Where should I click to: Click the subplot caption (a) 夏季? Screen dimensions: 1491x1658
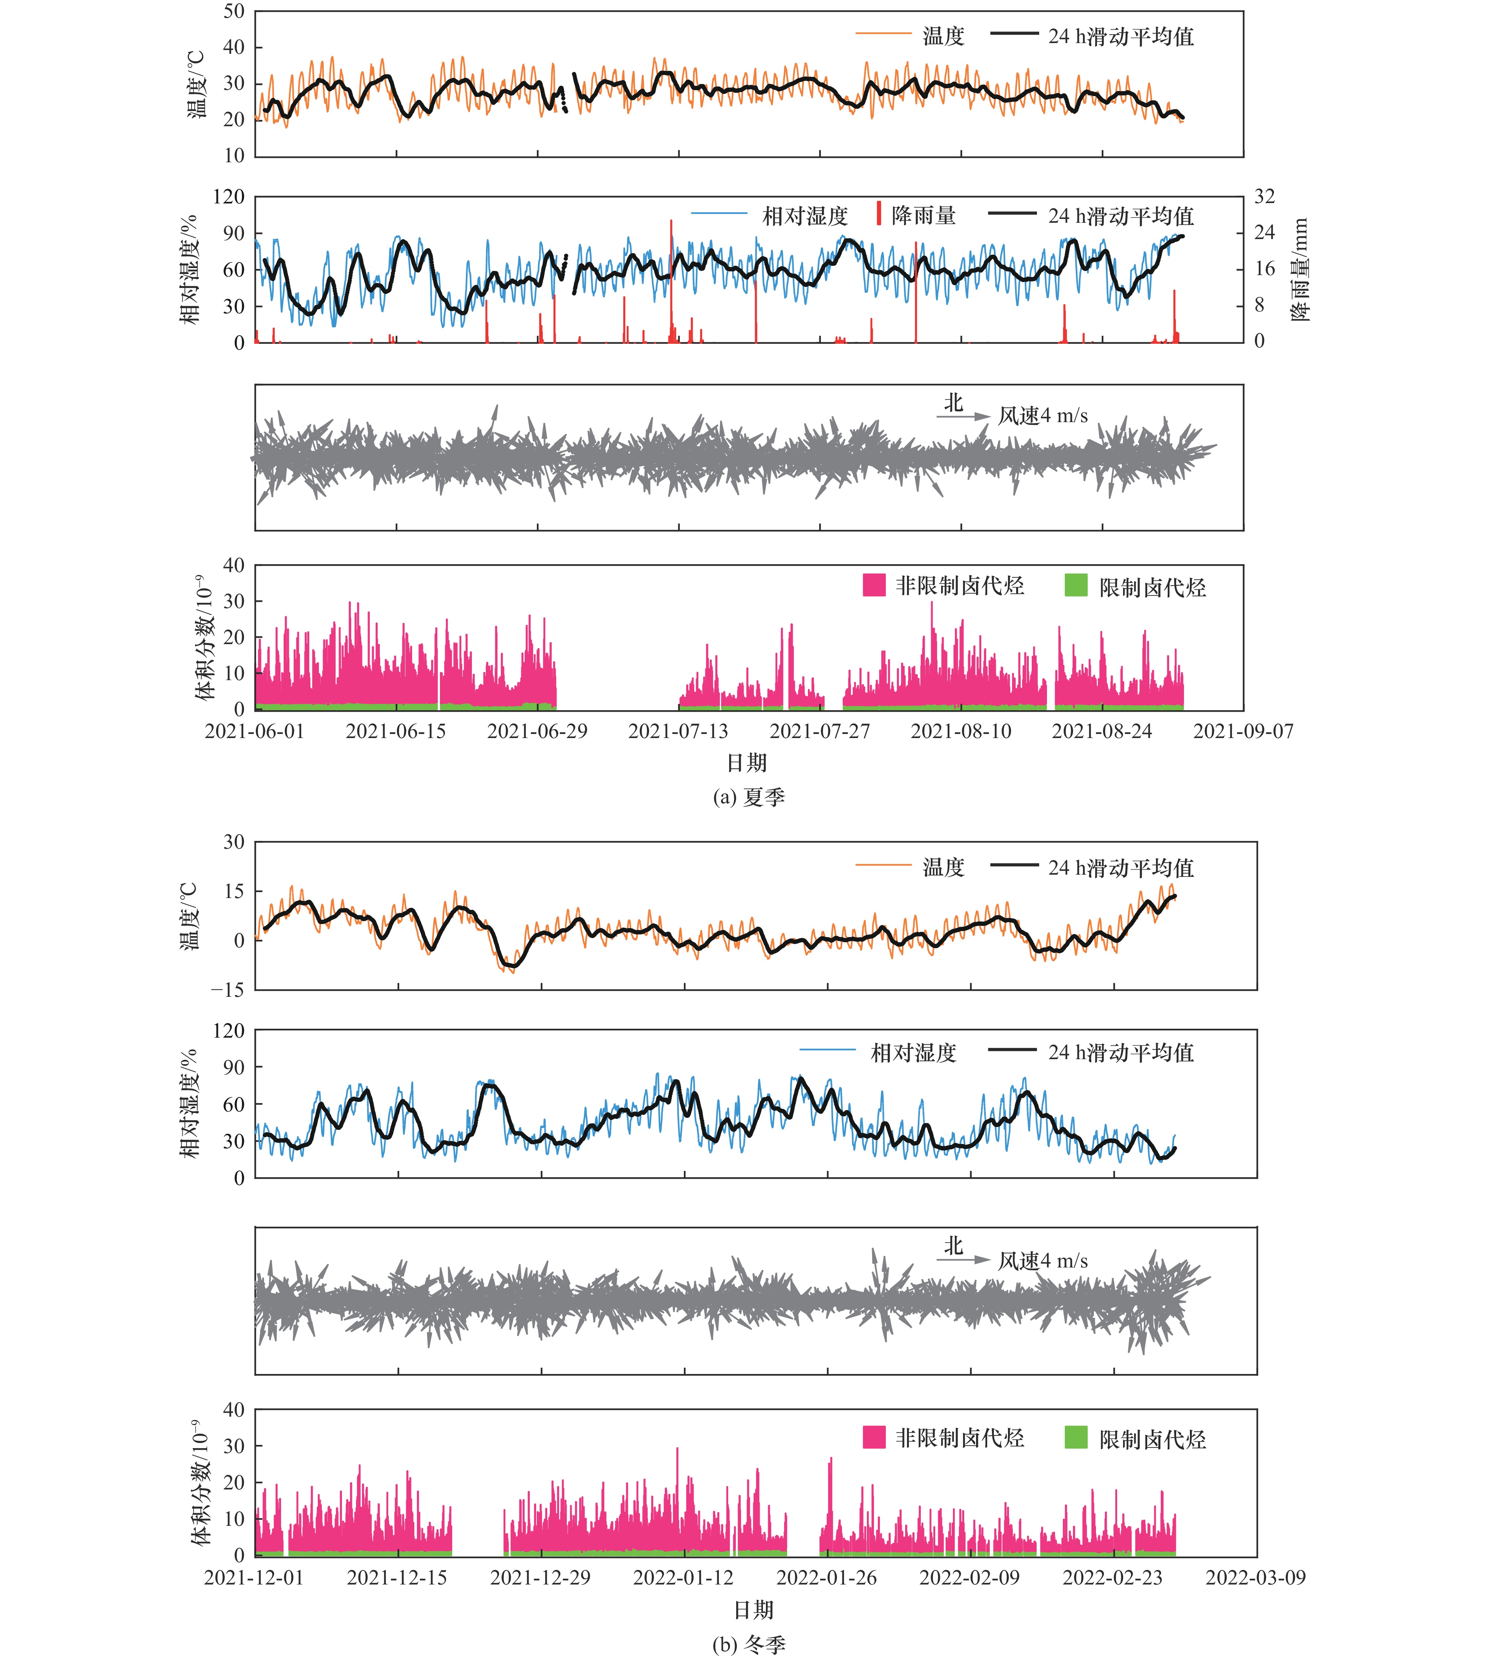(749, 797)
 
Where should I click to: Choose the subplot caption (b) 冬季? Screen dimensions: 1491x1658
(749, 1643)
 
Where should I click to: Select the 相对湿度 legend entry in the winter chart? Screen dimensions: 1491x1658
(878, 1052)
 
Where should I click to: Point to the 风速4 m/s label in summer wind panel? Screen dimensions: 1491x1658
(1043, 416)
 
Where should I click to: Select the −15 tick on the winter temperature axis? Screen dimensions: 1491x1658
(228, 989)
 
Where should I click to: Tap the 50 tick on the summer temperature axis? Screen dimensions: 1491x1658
(234, 12)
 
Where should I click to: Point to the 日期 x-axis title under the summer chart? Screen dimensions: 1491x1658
(747, 763)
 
